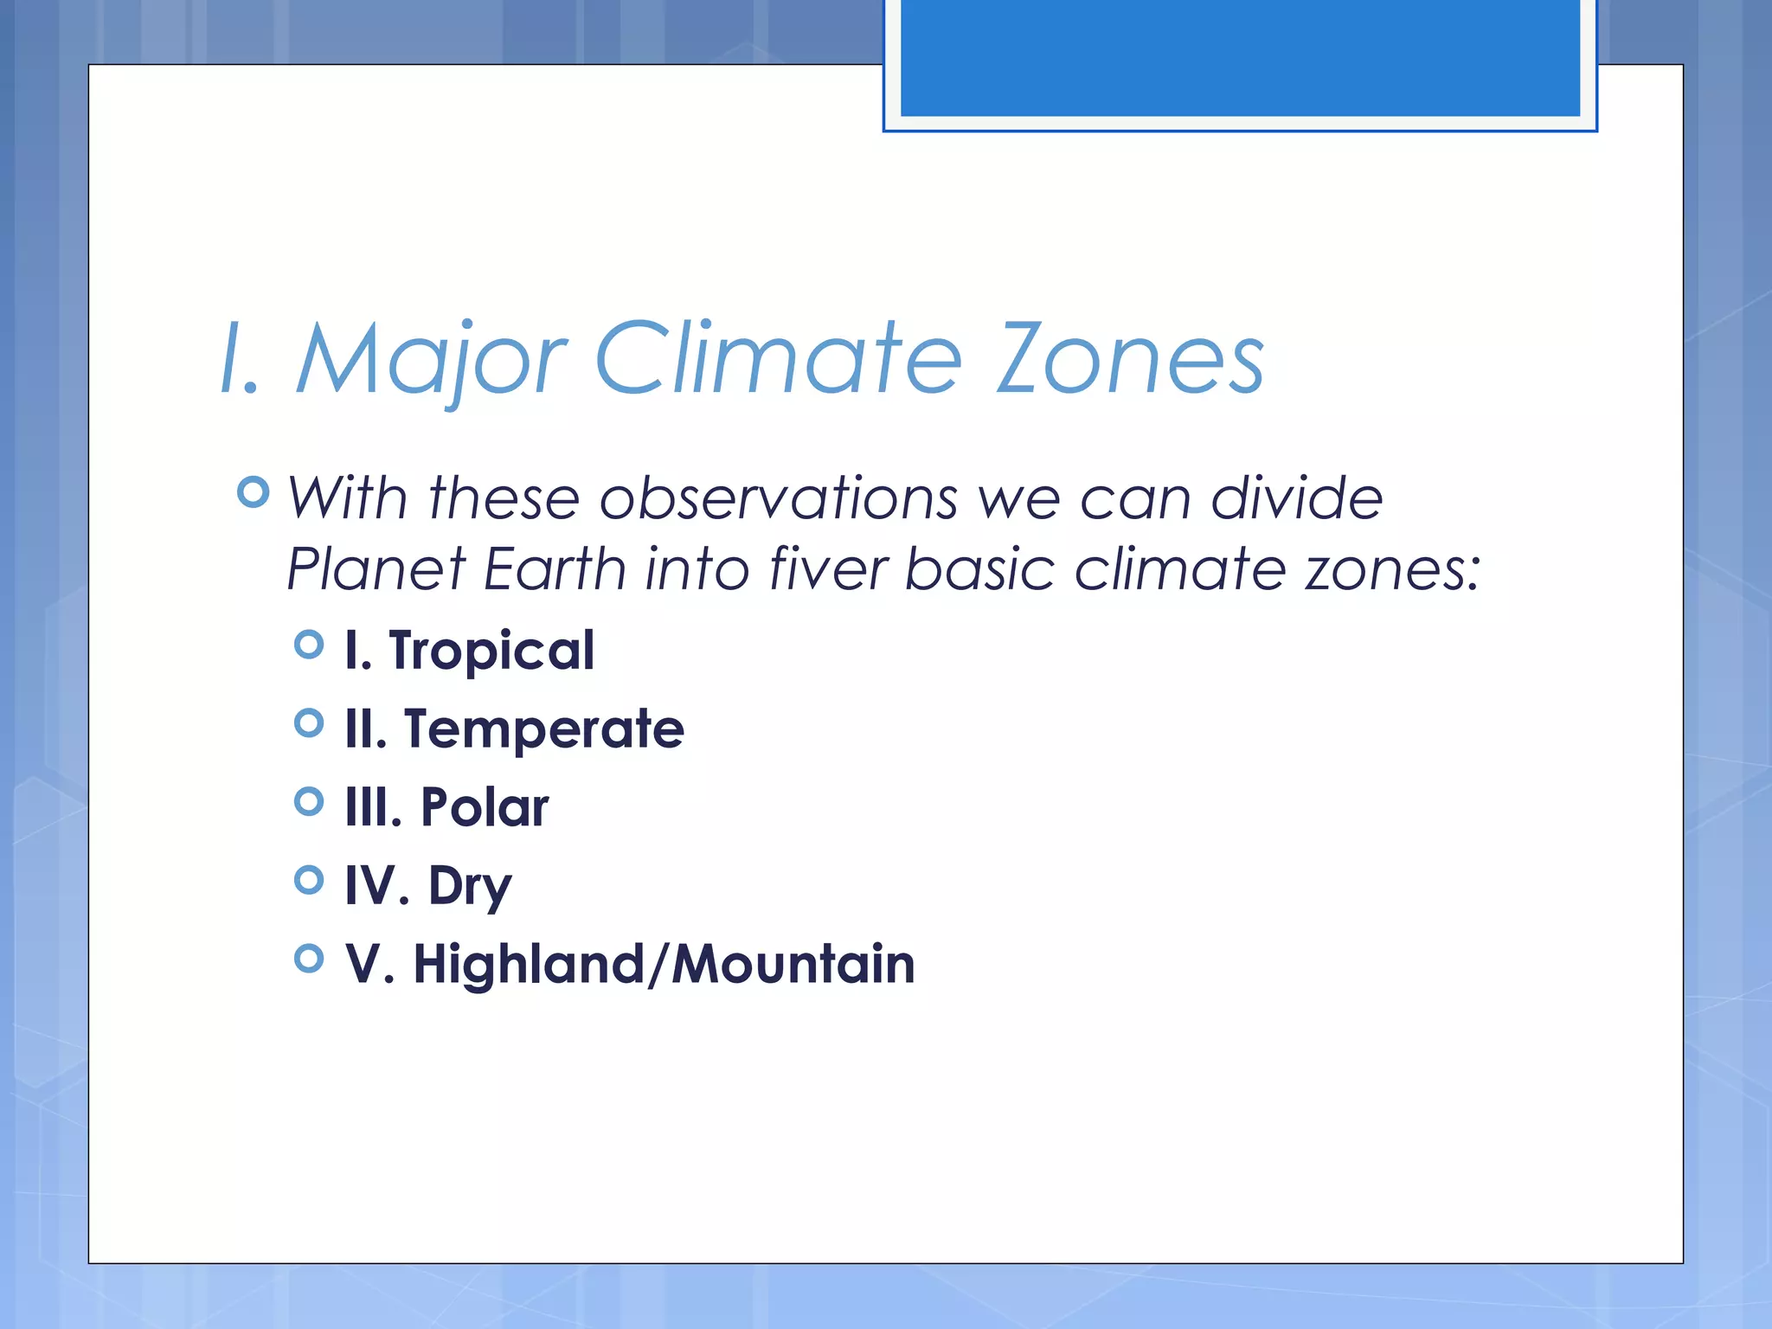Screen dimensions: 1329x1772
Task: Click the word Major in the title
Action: (430, 359)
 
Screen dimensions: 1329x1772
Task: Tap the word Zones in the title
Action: (1130, 359)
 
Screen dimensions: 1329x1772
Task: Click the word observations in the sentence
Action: (779, 499)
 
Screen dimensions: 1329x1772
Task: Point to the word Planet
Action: (376, 570)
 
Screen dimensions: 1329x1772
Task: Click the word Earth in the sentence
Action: (555, 570)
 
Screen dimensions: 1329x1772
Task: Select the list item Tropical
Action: (491, 651)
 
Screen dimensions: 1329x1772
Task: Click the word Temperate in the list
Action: (544, 729)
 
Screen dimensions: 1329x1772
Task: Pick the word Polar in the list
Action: (485, 807)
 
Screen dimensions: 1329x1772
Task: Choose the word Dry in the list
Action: (470, 887)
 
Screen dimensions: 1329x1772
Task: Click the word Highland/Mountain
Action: (664, 964)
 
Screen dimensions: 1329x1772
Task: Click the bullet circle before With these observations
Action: (253, 492)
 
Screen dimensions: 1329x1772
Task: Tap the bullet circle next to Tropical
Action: (309, 645)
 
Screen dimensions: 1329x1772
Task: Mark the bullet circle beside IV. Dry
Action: (309, 881)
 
